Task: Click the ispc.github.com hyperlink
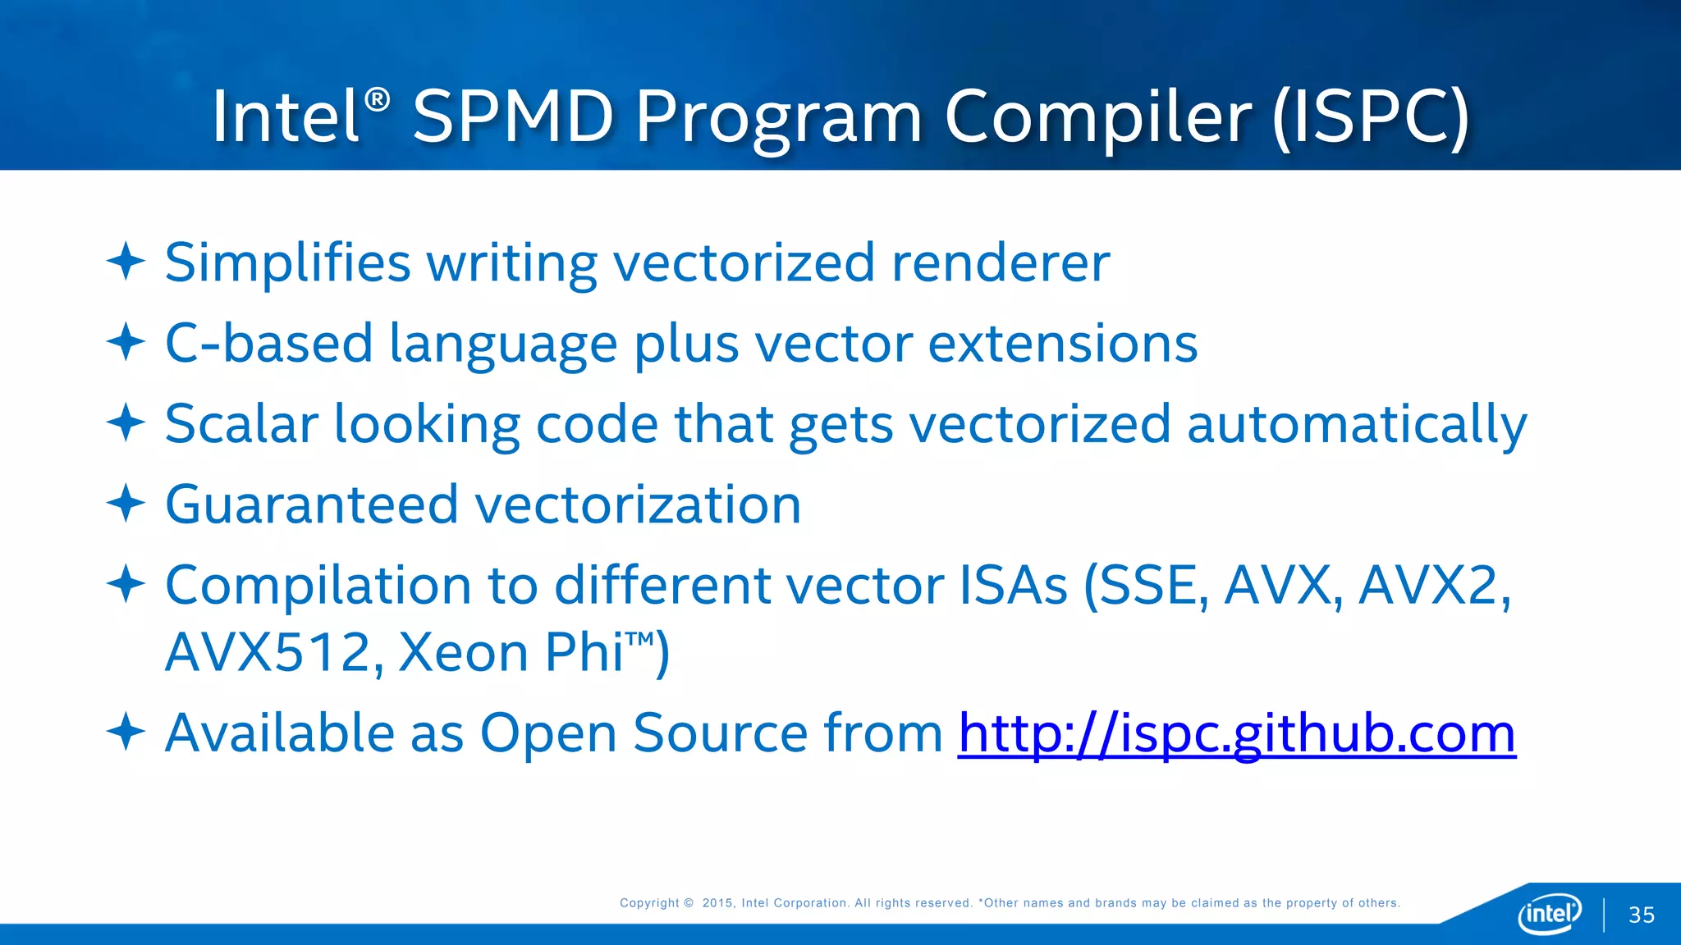click(x=1236, y=733)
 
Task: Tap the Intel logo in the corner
click(x=1550, y=913)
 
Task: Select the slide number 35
click(x=1641, y=915)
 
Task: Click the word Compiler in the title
click(x=1098, y=117)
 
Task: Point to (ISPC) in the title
click(x=1370, y=117)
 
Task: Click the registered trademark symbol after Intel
click(x=377, y=100)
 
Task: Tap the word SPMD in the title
click(x=513, y=117)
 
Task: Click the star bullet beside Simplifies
click(x=126, y=261)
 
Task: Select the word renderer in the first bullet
click(x=1000, y=263)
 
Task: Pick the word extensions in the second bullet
click(x=1062, y=343)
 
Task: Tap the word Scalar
click(x=241, y=424)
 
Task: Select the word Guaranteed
click(x=312, y=504)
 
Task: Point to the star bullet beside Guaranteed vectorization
click(x=126, y=502)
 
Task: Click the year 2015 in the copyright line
click(x=717, y=903)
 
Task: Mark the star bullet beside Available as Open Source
click(x=126, y=731)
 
